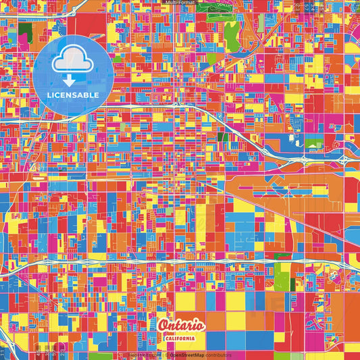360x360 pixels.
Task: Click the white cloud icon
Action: click(x=72, y=61)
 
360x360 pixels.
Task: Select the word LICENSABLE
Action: click(x=72, y=95)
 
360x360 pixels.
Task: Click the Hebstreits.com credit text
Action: click(x=141, y=355)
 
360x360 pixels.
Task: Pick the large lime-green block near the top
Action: click(x=231, y=30)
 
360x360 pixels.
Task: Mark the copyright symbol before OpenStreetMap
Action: click(x=165, y=355)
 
